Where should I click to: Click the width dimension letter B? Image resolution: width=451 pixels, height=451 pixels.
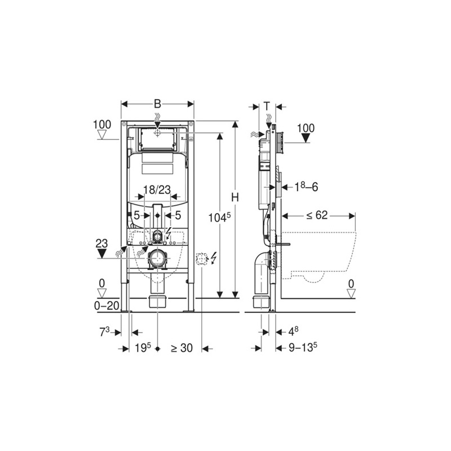pyautogui.click(x=158, y=104)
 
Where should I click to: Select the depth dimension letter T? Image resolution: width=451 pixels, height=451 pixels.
pyautogui.click(x=267, y=105)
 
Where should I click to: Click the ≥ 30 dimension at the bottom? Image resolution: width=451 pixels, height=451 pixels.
pyautogui.click(x=182, y=348)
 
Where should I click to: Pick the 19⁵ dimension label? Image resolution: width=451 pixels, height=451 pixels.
pyautogui.click(x=143, y=348)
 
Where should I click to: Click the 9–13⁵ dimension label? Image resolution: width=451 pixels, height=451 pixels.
pyautogui.click(x=302, y=348)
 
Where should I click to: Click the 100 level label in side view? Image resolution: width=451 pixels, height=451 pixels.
pyautogui.click(x=306, y=128)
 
